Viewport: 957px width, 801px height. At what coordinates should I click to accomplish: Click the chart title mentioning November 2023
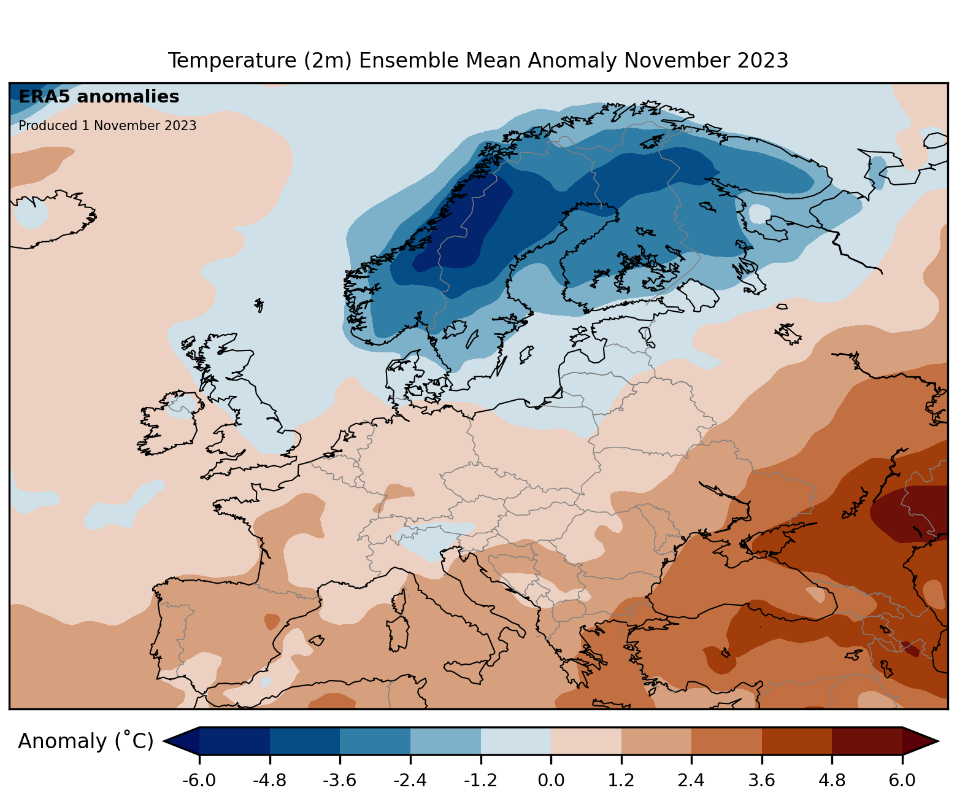[478, 61]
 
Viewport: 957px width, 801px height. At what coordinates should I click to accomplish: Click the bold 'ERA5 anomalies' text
[99, 97]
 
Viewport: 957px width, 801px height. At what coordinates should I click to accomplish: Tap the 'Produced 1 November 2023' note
[107, 126]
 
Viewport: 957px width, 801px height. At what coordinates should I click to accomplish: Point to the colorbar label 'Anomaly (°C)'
[85, 741]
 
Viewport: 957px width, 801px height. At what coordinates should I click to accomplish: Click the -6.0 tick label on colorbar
[199, 781]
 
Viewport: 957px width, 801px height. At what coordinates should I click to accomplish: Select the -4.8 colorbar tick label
[270, 781]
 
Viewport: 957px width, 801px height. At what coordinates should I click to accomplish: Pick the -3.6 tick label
[340, 781]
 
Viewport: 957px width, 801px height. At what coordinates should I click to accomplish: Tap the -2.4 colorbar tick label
[410, 781]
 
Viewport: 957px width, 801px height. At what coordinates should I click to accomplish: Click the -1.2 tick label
[480, 781]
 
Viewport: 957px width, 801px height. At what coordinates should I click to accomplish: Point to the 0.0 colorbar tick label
[551, 781]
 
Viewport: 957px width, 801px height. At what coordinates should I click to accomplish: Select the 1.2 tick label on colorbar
[621, 781]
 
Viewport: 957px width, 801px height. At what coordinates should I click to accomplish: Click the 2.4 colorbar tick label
[691, 781]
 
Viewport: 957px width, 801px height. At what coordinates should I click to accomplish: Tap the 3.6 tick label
[762, 781]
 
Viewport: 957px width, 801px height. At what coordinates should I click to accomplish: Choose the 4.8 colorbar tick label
[832, 781]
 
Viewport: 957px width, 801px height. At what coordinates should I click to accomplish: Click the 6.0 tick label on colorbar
[902, 781]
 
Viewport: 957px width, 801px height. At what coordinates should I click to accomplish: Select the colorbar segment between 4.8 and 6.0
[867, 741]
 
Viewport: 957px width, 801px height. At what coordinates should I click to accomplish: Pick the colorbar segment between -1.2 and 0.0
[515, 741]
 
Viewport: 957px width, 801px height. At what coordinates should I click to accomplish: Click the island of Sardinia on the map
[398, 633]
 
